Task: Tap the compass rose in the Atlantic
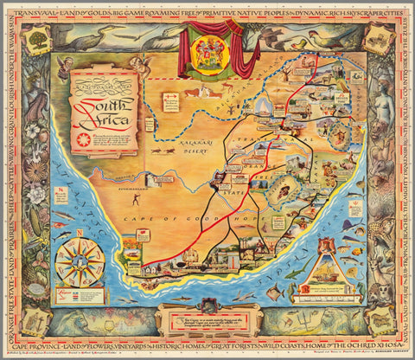80,262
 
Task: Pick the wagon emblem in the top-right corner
379,37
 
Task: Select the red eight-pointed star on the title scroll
83,138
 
